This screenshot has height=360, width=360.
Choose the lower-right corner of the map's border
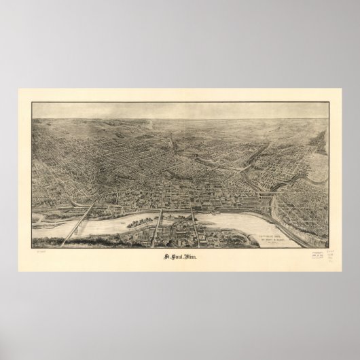pyautogui.click(x=329, y=248)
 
